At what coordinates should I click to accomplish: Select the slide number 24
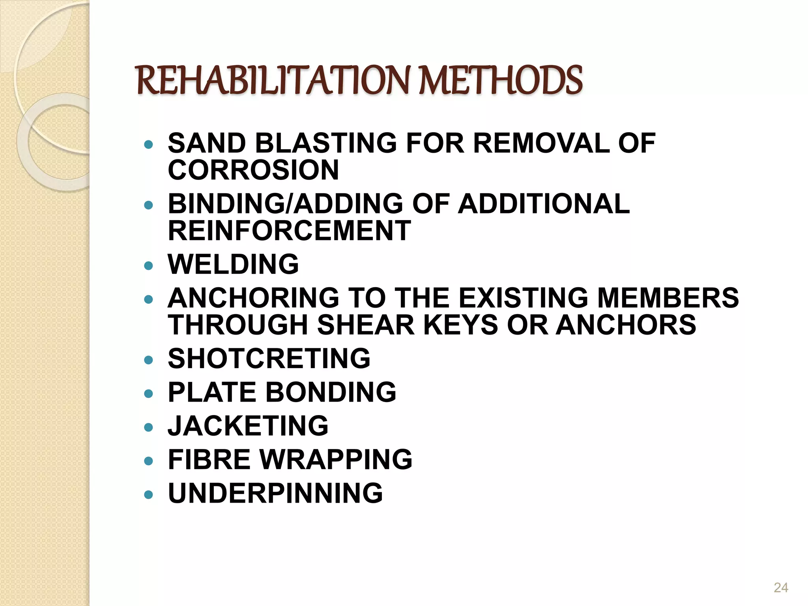point(781,587)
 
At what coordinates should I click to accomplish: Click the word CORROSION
point(253,170)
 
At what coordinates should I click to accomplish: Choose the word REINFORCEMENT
point(290,231)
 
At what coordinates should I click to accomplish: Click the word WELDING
point(233,264)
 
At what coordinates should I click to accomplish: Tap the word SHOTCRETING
point(269,359)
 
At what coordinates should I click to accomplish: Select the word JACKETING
point(248,426)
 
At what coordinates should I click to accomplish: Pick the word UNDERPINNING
point(275,493)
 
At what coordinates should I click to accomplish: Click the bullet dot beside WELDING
point(148,266)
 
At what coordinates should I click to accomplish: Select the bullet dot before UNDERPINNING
point(148,494)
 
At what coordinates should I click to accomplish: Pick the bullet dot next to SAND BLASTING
point(148,144)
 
